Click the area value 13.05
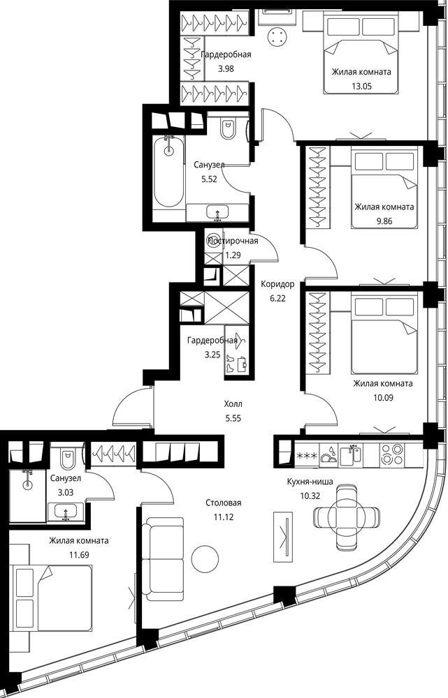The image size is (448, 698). click(x=361, y=86)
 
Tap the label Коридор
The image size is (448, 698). click(x=277, y=284)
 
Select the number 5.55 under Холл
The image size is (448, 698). click(x=233, y=418)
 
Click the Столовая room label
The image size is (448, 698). click(x=224, y=503)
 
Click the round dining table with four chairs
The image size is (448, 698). click(x=347, y=517)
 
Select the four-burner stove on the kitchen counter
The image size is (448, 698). click(x=391, y=454)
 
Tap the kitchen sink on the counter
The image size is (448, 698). click(x=351, y=455)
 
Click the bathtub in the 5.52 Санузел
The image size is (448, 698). click(x=168, y=172)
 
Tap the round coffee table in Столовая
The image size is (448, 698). click(x=205, y=558)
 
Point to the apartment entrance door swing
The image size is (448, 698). click(x=132, y=408)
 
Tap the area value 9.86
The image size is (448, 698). click(x=384, y=221)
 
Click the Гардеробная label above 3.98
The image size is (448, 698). click(x=226, y=54)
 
